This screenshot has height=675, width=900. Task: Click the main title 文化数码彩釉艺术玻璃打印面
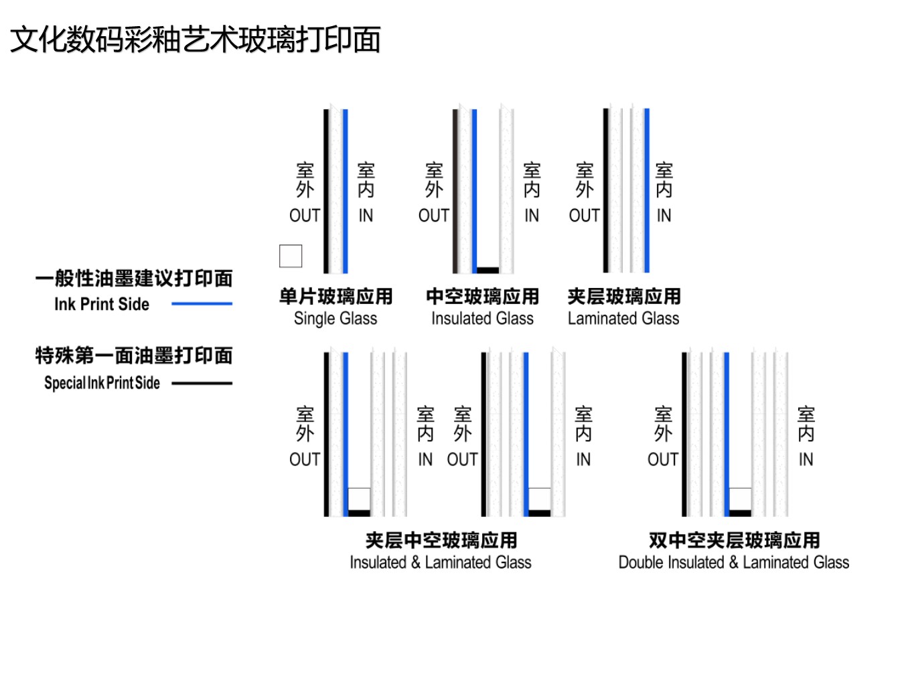point(195,40)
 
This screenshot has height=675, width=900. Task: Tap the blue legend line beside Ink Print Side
point(202,304)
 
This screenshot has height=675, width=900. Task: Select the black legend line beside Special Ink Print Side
point(202,383)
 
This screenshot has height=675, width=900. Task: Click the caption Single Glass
point(335,319)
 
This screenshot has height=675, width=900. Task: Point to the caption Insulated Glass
point(482,319)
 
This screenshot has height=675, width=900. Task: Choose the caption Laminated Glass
point(623,319)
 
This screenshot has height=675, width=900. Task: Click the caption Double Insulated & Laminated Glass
point(733,562)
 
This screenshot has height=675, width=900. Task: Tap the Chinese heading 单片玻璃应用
point(335,296)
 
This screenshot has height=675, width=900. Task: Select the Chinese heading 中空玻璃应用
point(482,296)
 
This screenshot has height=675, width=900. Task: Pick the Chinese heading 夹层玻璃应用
point(624,296)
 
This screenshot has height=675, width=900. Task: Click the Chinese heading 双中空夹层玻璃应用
point(735,540)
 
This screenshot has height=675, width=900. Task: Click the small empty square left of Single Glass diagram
point(291,256)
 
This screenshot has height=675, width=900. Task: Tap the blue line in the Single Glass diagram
point(346,191)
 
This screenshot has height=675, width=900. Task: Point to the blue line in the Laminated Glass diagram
point(647,191)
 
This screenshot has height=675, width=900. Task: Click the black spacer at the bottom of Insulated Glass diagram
point(488,270)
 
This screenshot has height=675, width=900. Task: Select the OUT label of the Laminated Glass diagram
point(585,216)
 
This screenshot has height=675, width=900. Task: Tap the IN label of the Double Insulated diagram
point(806,459)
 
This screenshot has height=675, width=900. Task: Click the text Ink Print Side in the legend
point(102,304)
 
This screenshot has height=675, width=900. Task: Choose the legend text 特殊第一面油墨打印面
point(134,356)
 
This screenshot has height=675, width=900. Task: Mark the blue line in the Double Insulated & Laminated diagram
point(727,435)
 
